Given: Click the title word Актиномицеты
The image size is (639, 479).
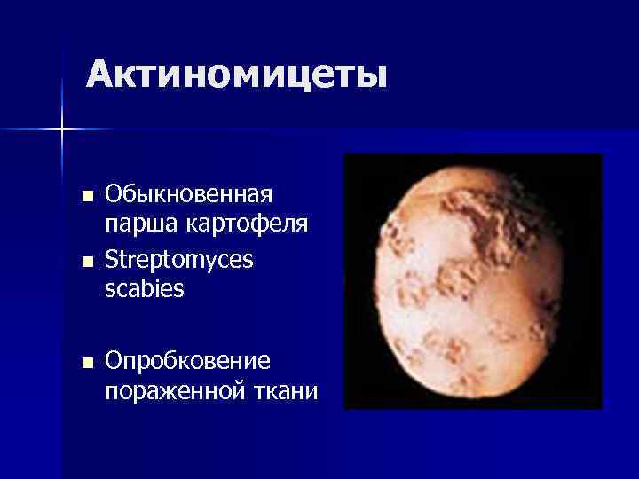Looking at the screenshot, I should (237, 75).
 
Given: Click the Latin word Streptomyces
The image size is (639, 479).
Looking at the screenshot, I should (178, 260).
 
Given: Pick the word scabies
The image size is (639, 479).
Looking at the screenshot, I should (145, 290).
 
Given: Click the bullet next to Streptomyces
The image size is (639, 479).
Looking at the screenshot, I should (85, 262).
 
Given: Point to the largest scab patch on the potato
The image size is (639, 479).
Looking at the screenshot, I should (485, 214).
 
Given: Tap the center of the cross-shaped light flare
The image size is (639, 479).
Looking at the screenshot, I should (62, 130).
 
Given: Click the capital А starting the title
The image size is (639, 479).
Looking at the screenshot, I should (99, 75).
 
